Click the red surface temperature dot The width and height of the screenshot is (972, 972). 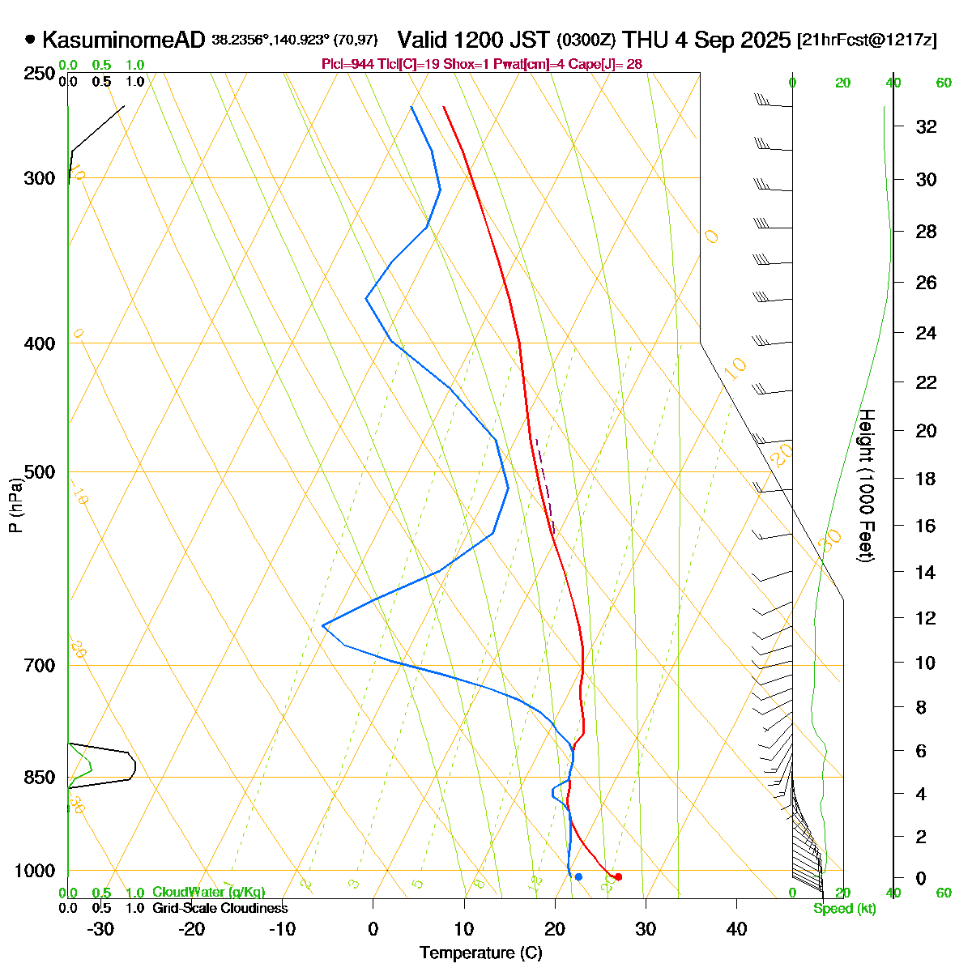(618, 876)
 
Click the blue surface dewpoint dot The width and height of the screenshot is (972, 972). (578, 876)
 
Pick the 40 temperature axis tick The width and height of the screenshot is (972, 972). (736, 929)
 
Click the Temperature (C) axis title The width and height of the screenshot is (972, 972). (481, 953)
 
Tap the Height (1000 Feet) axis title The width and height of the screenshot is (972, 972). (865, 486)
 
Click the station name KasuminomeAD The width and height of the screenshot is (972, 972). (123, 39)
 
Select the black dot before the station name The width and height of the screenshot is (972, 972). (31, 38)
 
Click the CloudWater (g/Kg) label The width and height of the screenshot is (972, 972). (208, 892)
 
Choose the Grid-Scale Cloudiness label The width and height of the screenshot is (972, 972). (220, 908)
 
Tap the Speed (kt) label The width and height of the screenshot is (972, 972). (844, 908)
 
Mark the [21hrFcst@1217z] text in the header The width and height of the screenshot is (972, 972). (867, 40)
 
